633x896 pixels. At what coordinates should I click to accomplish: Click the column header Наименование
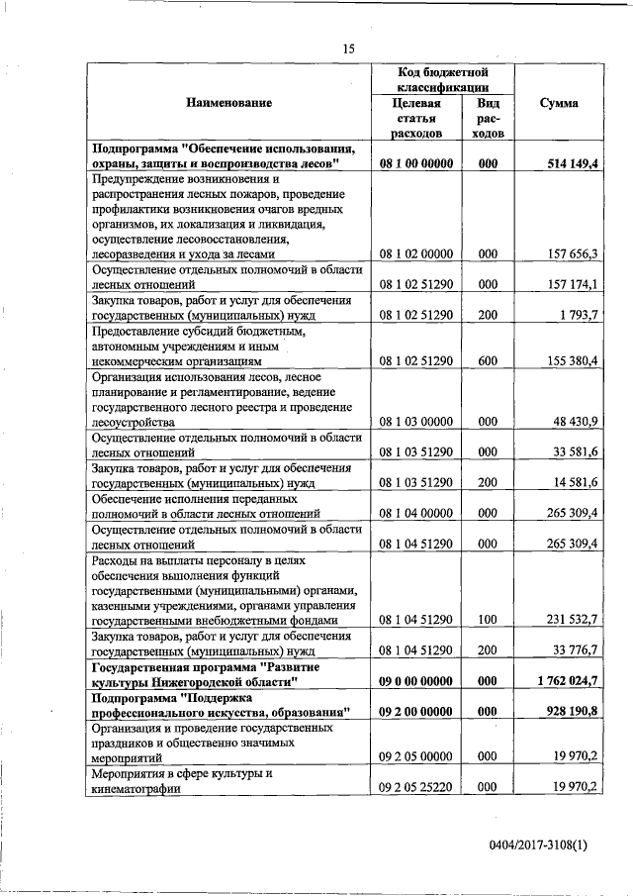(227, 102)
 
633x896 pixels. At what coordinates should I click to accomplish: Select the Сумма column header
(559, 103)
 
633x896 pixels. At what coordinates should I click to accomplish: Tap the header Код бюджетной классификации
(444, 79)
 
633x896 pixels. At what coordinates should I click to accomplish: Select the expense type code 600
(487, 360)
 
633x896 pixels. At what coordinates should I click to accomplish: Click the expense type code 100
(487, 620)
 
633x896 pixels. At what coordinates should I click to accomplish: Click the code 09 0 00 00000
(415, 681)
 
